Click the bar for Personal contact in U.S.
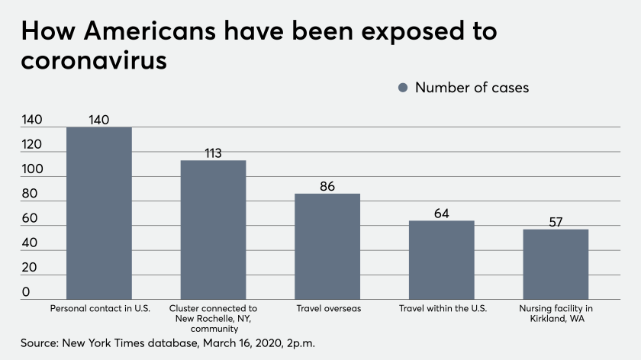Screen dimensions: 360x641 98,213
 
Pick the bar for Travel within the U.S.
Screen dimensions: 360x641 441,260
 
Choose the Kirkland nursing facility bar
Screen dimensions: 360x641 556,264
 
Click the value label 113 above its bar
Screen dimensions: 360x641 213,153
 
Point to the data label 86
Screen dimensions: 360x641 327,186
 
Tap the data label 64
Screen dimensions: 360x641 441,214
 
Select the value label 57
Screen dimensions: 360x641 556,222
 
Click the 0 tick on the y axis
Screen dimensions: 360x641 26,292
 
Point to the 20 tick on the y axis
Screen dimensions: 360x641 29,268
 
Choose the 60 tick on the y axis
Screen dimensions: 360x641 29,219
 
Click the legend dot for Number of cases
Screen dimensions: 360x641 404,88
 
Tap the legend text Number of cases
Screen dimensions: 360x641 472,88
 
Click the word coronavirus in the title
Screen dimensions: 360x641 94,60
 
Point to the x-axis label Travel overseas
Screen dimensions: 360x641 327,309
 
